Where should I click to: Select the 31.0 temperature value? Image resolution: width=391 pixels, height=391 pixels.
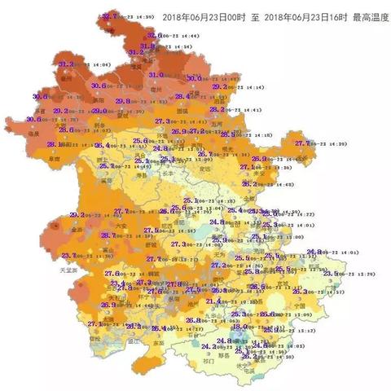(x=155, y=74)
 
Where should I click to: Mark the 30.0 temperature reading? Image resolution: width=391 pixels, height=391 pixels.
(x=194, y=78)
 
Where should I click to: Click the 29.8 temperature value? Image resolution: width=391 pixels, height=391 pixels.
(x=123, y=101)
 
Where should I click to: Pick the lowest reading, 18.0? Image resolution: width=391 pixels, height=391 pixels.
(x=240, y=327)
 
